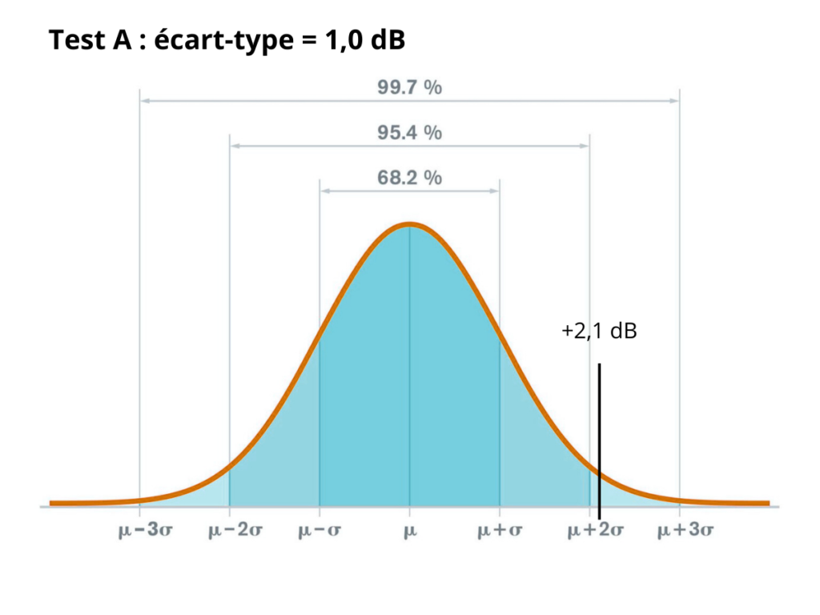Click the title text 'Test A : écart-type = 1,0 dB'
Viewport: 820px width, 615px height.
click(227, 40)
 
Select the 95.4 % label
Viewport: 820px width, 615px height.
click(409, 133)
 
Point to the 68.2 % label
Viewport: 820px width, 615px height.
click(409, 178)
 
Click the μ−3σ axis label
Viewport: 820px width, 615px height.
click(139, 530)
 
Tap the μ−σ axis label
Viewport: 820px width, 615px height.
click(320, 530)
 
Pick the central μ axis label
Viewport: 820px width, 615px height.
click(410, 530)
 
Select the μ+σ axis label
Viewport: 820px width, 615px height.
click(500, 530)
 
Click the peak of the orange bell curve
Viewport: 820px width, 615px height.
click(409, 224)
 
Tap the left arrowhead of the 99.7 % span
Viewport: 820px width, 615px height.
click(145, 101)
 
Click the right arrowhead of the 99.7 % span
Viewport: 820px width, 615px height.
click(675, 101)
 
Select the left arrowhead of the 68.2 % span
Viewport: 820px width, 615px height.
click(324, 191)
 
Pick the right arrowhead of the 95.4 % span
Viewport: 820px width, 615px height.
click(585, 146)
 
